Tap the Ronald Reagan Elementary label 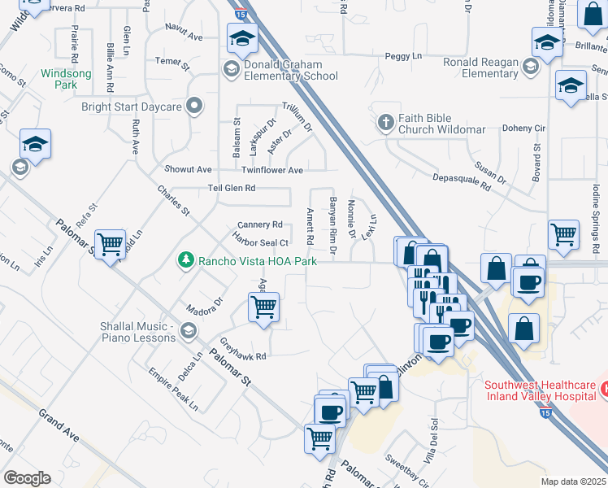[x=480, y=68]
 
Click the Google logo [x=27, y=478]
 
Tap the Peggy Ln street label [x=404, y=56]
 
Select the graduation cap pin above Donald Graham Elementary [x=242, y=40]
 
